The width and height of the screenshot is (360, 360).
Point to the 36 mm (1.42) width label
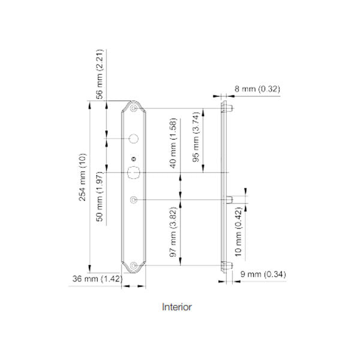point(96,278)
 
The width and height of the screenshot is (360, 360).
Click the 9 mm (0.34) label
point(262,275)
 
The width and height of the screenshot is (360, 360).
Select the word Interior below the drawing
point(177,307)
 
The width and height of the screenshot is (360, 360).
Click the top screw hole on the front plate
point(133,109)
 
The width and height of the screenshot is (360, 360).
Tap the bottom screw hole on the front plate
point(133,265)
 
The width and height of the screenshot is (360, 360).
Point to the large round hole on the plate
point(133,139)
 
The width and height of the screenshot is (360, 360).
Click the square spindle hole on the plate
point(133,173)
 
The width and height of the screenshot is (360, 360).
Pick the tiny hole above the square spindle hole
point(133,159)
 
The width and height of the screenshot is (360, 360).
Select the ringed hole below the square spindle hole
point(133,199)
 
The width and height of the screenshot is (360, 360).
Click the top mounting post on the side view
point(229,109)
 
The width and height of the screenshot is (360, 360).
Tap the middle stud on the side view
point(230,199)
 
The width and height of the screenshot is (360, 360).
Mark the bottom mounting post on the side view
point(229,266)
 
